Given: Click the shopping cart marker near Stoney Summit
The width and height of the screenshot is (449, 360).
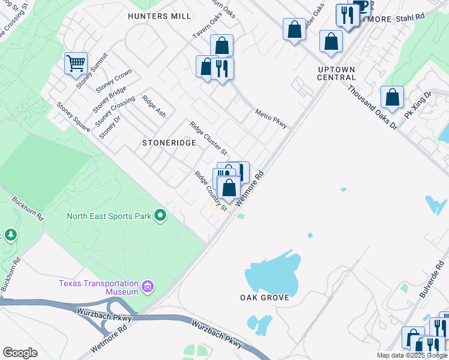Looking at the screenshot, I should pos(76,63).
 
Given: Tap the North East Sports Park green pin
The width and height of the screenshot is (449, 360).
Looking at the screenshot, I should pos(160,215).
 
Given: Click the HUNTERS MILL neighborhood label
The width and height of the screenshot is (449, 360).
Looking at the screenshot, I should pos(160,16).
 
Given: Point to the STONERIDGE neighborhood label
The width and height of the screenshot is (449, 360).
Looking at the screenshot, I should pos(169,143).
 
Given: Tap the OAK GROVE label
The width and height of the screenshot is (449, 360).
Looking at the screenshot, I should pos(265,298).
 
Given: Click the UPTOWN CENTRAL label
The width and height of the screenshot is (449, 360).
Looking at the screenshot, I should pos(336,73).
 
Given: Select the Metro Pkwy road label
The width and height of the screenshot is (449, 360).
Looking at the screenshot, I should pos(271,118).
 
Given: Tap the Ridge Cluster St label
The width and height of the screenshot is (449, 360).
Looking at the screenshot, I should pos(208,137).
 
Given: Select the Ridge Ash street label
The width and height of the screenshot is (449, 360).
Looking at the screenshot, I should pos(154,106).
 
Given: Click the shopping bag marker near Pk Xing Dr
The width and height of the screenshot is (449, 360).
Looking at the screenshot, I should pos(392,97).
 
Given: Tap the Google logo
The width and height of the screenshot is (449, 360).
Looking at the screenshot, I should pos(20,353).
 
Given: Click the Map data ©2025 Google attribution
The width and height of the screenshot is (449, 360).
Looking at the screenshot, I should pos(411,355).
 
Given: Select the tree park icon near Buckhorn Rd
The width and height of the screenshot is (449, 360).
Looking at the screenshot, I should pos(10,235).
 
